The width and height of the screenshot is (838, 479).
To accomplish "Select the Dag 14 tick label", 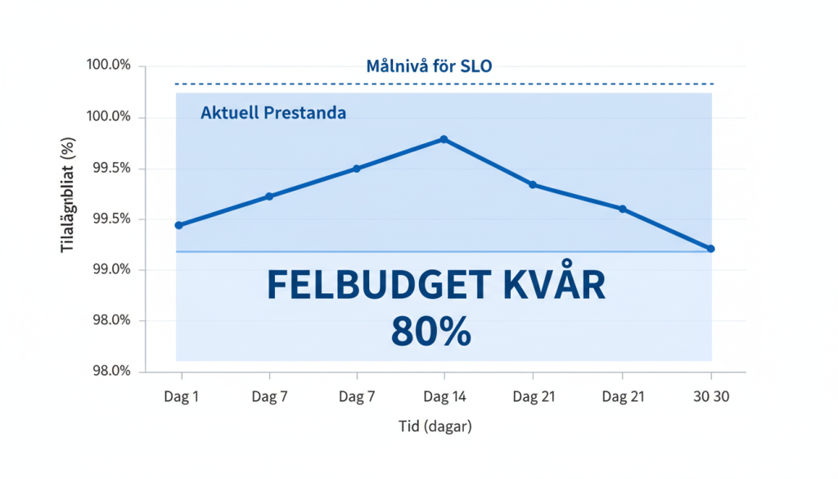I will click(444, 397).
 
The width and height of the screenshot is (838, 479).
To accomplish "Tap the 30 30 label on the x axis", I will click(710, 397).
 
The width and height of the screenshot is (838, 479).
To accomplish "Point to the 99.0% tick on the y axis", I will click(109, 269).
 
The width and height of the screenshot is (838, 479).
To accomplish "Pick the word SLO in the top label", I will click(476, 66).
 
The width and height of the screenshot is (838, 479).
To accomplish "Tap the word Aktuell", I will click(229, 113).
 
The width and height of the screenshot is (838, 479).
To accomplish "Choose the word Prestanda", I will click(304, 113).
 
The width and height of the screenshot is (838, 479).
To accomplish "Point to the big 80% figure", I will click(431, 332).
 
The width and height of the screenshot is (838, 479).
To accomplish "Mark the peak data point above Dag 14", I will click(444, 139).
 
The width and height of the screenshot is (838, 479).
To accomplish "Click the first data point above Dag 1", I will click(178, 224).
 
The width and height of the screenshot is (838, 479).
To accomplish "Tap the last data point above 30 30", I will click(710, 248).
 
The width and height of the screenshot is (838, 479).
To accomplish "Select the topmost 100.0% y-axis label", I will click(109, 66).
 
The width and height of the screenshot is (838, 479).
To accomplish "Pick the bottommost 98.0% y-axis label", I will click(109, 371).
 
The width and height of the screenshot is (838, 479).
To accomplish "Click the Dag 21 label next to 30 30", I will click(623, 397).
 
